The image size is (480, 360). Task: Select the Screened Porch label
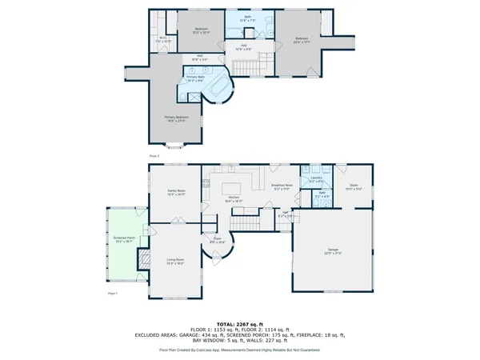pos(122,239)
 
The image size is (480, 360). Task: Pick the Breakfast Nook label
pos(280,186)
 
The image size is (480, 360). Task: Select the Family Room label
pos(175,193)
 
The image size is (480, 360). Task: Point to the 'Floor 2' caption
pos(154,155)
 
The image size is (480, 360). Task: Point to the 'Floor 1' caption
pos(113,294)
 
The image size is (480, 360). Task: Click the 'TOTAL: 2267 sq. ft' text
pos(239,323)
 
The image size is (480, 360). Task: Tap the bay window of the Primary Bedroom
pos(180,145)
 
